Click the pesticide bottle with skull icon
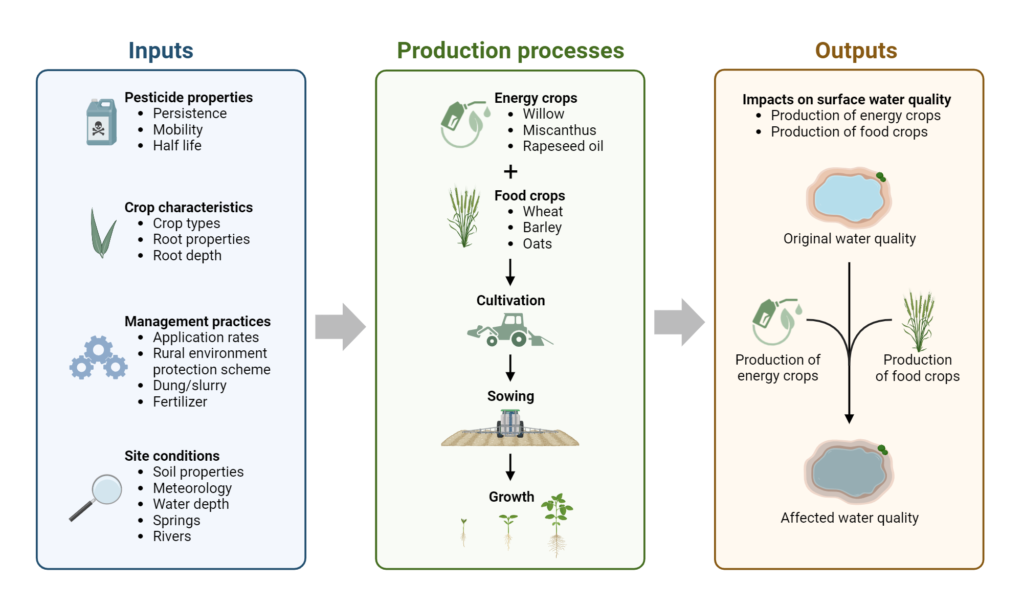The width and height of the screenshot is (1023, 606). tap(101, 123)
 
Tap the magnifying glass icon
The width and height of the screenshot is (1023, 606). tap(97, 496)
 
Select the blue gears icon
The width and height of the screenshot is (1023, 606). tap(98, 358)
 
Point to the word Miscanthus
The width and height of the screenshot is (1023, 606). tap(559, 130)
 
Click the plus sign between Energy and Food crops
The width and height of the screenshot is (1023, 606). tap(510, 171)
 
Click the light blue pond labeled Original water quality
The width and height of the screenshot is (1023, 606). tap(849, 198)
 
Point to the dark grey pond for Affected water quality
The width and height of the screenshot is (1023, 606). tap(849, 472)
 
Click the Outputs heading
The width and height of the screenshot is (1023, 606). tap(856, 51)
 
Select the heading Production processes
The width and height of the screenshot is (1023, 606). tap(510, 51)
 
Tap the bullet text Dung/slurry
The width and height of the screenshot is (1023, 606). tap(189, 386)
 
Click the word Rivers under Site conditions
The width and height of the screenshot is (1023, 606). tap(172, 536)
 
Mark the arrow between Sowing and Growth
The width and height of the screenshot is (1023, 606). tap(510, 466)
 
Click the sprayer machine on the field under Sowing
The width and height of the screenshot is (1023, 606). tap(510, 424)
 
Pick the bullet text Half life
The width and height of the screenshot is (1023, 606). tap(177, 146)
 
